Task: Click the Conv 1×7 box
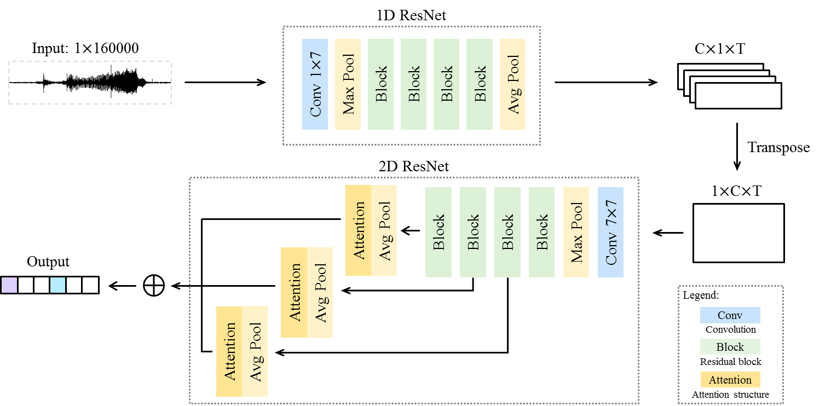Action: click(x=315, y=84)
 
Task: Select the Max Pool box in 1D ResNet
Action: click(x=348, y=84)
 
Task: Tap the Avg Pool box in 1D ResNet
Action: click(x=512, y=84)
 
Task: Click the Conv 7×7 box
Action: click(x=610, y=232)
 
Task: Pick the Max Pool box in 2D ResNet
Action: click(x=576, y=232)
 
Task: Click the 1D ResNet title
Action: click(x=411, y=15)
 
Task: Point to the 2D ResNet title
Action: click(x=414, y=166)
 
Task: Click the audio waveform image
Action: click(x=90, y=83)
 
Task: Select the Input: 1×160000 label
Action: click(x=85, y=48)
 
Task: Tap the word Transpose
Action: click(x=778, y=148)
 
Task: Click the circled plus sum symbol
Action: click(x=154, y=286)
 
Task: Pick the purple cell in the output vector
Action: click(x=9, y=285)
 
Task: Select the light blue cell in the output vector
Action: click(x=57, y=285)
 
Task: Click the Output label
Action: click(x=48, y=262)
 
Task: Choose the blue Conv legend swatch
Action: click(x=730, y=315)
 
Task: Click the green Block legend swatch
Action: click(x=730, y=347)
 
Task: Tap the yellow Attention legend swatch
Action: click(x=730, y=380)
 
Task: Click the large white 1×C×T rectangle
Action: click(x=738, y=233)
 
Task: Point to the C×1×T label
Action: click(x=719, y=49)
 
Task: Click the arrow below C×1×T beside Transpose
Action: click(x=737, y=147)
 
